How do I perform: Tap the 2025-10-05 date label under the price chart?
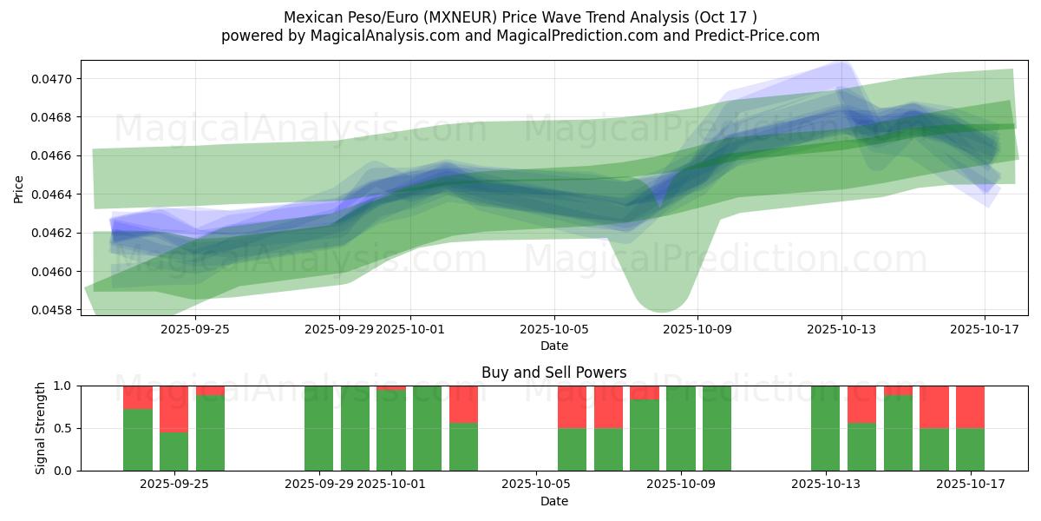click(x=554, y=329)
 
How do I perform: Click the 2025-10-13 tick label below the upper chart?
click(x=841, y=329)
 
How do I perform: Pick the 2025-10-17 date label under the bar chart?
click(x=970, y=484)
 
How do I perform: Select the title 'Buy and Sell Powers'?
click(x=554, y=373)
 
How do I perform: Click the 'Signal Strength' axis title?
click(x=41, y=428)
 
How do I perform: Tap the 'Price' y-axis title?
click(x=19, y=188)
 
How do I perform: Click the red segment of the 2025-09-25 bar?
click(x=173, y=408)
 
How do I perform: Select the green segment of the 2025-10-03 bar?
click(x=463, y=446)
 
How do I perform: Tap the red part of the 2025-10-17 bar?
click(x=970, y=406)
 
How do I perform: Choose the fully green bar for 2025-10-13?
click(x=825, y=428)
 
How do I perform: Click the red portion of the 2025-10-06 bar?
click(x=572, y=406)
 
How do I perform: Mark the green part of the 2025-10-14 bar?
click(x=861, y=446)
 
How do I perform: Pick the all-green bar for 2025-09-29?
click(x=318, y=428)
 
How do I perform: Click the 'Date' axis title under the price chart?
click(x=554, y=346)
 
